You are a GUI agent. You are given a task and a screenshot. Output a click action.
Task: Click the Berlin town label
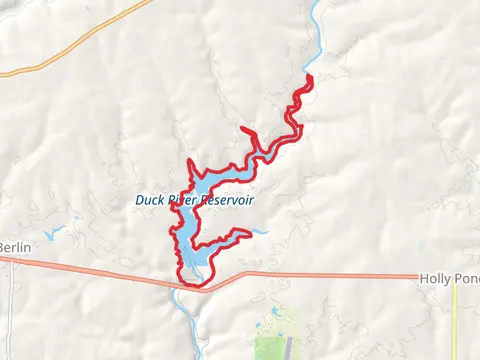(x=14, y=247)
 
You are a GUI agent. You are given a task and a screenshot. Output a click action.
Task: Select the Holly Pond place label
(x=448, y=277)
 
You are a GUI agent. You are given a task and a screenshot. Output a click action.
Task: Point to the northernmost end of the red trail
(x=308, y=78)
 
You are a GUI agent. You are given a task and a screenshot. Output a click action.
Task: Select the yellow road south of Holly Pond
(x=456, y=320)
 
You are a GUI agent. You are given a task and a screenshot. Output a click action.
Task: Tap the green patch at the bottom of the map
(x=272, y=340)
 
